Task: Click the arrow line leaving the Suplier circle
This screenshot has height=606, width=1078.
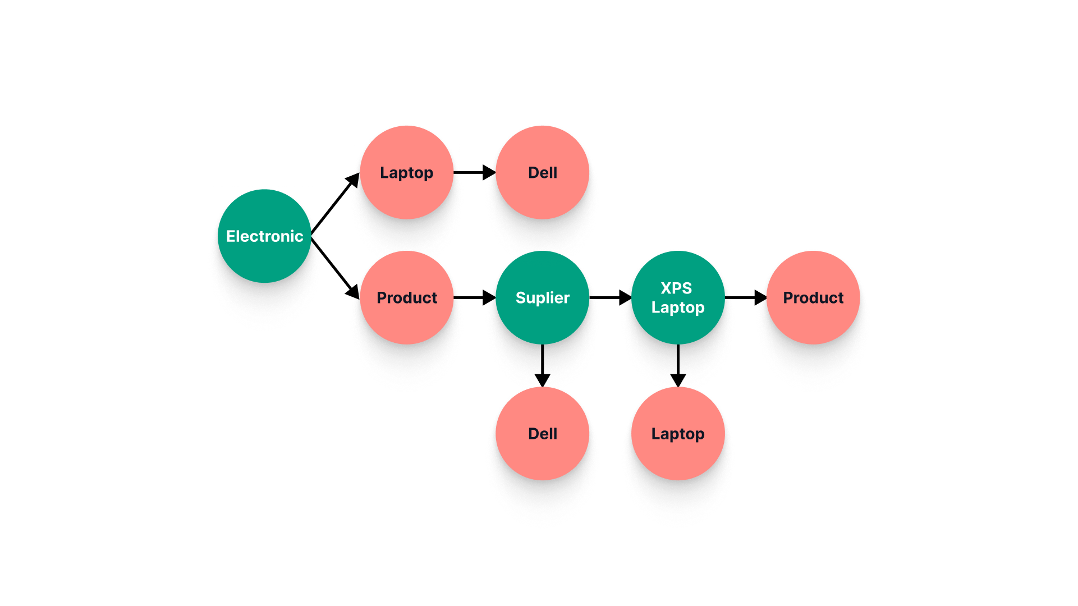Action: (x=542, y=359)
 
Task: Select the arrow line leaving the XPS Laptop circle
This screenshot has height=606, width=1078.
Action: (x=678, y=359)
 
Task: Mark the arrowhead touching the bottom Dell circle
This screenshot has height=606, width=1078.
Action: (x=542, y=380)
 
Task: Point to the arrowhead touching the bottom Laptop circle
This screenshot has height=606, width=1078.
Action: (x=678, y=380)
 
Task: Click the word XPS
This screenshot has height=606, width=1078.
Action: (x=676, y=288)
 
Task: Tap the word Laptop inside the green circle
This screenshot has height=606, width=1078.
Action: (x=678, y=307)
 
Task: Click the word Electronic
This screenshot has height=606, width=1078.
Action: (x=264, y=236)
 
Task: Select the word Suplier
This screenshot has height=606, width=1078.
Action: (x=542, y=298)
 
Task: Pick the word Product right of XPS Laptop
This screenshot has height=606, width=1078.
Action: (x=813, y=298)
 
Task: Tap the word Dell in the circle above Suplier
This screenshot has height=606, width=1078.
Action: (x=542, y=173)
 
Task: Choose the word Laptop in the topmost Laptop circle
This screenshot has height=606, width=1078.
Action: (x=406, y=173)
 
